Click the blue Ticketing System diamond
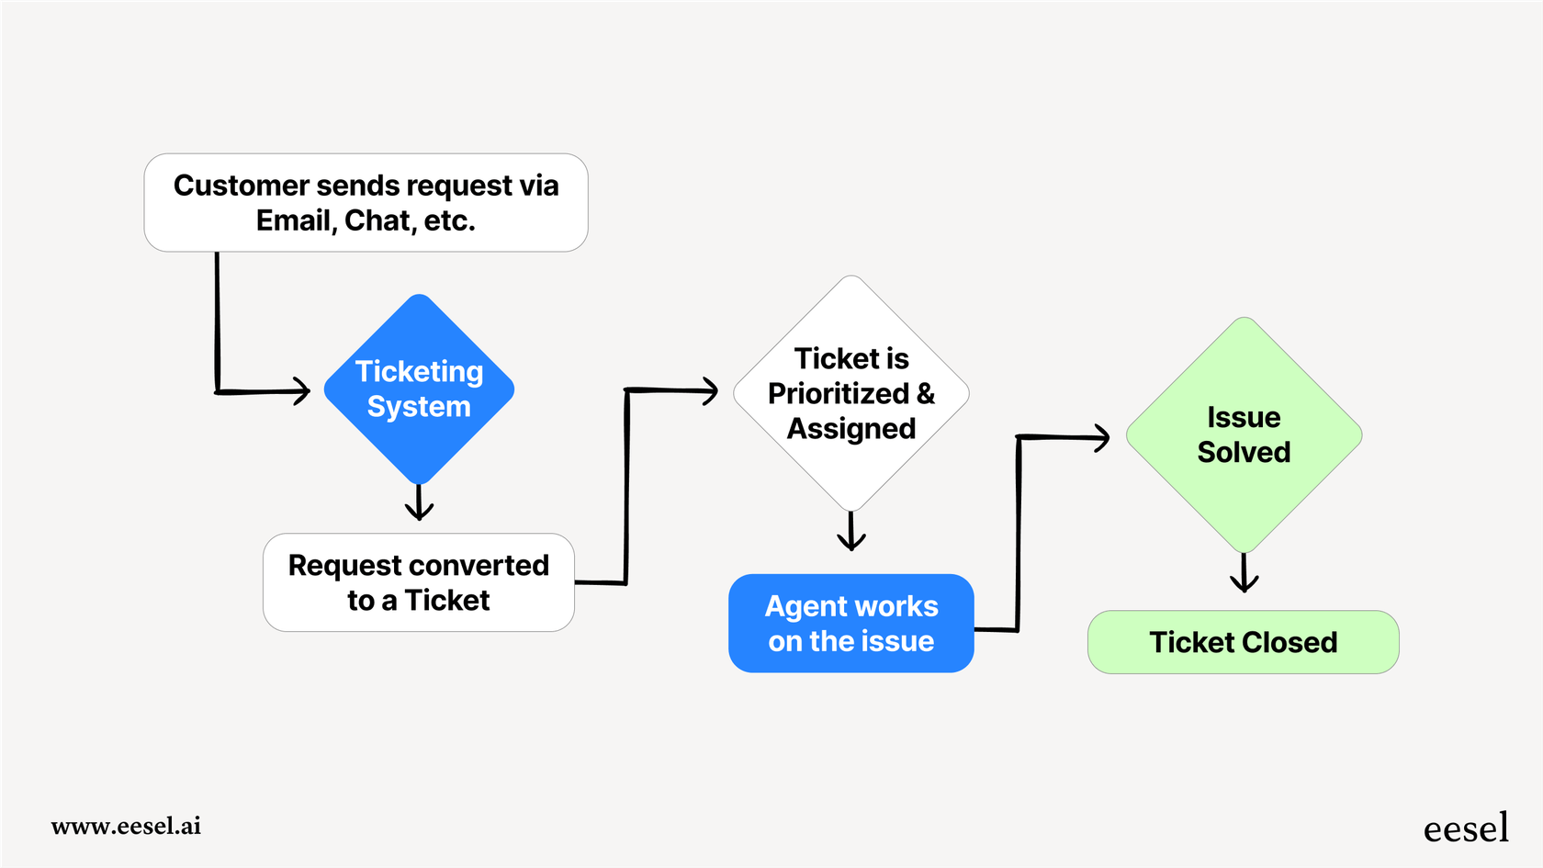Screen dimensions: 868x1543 tap(419, 389)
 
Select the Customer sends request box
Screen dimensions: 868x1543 tap(366, 203)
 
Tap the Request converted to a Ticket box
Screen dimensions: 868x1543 tap(419, 582)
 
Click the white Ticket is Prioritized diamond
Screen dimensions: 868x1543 tap(851, 393)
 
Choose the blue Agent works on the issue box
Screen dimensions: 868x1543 tap(851, 624)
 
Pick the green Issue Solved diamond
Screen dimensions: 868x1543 tap(1244, 434)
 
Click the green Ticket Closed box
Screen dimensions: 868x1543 tap(1243, 642)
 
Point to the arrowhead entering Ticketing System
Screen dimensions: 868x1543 tap(301, 391)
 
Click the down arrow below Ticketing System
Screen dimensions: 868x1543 tap(419, 505)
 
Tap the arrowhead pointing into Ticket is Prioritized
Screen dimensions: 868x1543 tap(709, 391)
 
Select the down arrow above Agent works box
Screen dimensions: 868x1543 tap(851, 535)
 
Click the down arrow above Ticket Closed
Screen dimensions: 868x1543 tap(1244, 576)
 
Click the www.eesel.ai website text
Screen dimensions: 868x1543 tap(126, 826)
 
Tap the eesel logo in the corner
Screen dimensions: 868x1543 tap(1466, 829)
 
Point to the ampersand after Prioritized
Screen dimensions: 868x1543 tap(926, 394)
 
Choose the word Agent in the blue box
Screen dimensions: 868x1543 tap(805, 607)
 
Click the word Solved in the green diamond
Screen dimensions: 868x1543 tap(1244, 453)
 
